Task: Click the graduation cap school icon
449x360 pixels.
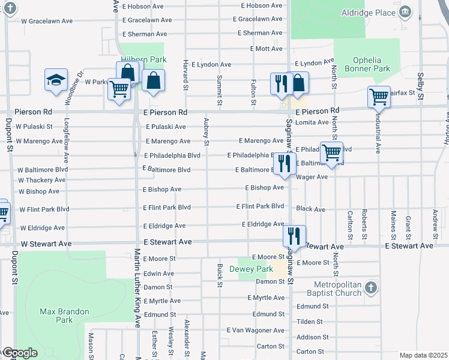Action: [55, 80]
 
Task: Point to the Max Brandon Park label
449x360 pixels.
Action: [64, 316]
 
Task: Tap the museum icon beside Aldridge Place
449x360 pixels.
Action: [405, 11]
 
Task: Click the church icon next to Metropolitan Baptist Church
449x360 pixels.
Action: [370, 287]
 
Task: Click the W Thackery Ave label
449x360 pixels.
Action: [41, 180]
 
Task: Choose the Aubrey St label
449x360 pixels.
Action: [206, 131]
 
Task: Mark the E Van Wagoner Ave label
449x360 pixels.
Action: [255, 331]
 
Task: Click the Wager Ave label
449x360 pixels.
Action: [312, 177]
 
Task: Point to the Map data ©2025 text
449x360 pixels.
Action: [423, 355]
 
